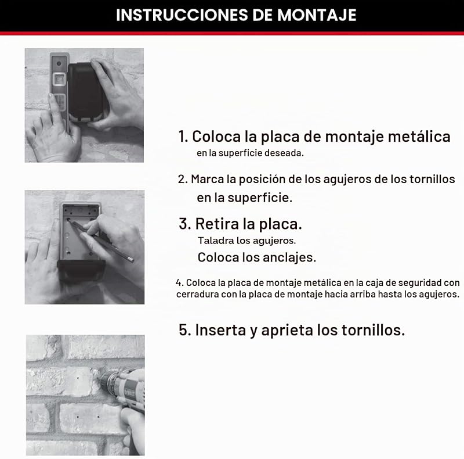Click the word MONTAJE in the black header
click(317, 15)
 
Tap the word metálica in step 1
click(419, 137)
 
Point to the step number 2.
click(182, 179)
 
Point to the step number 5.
click(184, 329)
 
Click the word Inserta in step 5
click(220, 329)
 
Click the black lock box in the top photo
click(86, 92)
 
